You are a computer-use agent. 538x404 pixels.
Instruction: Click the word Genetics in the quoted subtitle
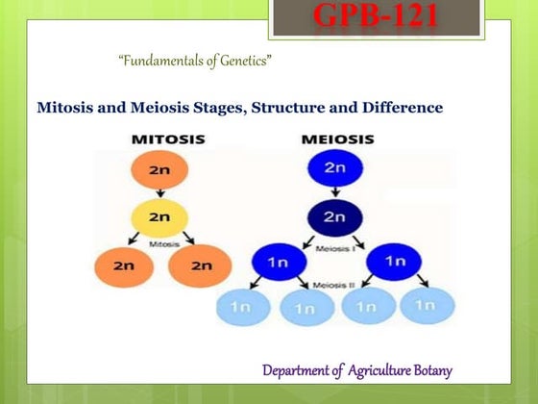point(241,62)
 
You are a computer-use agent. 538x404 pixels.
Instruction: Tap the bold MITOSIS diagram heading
point(169,140)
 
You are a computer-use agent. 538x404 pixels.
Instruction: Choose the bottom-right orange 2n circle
point(200,266)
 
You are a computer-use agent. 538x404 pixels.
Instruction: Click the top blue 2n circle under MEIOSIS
point(333,169)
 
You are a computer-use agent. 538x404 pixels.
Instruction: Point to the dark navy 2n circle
point(333,217)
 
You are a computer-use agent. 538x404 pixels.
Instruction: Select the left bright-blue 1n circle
point(278,262)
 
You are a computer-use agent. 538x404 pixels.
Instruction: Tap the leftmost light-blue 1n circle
point(246,307)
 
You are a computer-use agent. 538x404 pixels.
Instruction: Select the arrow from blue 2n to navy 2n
point(333,193)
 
